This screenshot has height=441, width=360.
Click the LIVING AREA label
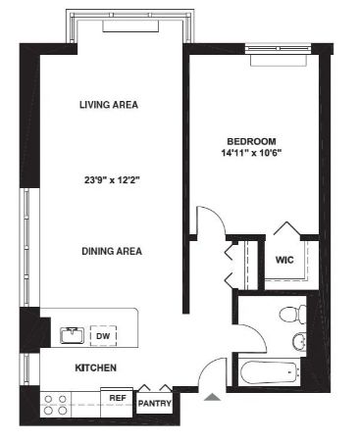[x=109, y=105]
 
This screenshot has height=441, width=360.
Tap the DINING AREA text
[x=112, y=251]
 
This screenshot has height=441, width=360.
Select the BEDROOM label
[x=251, y=141]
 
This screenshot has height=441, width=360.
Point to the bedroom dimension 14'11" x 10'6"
[x=251, y=153]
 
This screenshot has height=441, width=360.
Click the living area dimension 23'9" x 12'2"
[x=112, y=180]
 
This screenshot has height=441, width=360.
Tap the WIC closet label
[x=284, y=260]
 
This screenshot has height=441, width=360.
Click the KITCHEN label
[x=95, y=367]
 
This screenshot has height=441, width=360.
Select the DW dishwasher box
[x=103, y=336]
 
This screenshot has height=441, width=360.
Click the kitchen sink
[x=72, y=335]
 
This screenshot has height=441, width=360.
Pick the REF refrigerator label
[x=118, y=398]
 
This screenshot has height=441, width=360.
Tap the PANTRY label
[x=154, y=404]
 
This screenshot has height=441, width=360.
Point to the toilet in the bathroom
[x=293, y=315]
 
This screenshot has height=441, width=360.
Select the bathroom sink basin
[x=299, y=341]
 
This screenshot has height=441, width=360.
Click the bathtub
[x=270, y=372]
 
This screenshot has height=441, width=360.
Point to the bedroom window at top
[x=278, y=48]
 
